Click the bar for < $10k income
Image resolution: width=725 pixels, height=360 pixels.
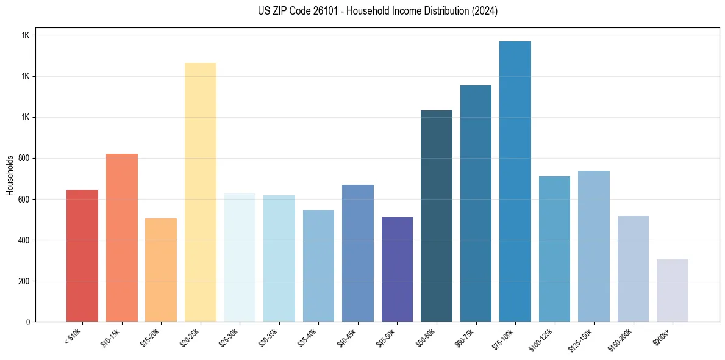(82, 256)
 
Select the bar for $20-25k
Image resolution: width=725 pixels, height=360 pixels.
(200, 192)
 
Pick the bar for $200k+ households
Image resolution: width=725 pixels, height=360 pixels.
(672, 290)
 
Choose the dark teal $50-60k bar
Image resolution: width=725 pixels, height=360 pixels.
(436, 216)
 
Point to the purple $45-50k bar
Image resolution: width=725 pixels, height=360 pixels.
(397, 269)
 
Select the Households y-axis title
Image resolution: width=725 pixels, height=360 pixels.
(10, 175)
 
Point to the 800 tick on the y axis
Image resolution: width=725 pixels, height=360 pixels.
(25, 159)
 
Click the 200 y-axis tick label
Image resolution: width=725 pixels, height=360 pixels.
(25, 281)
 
